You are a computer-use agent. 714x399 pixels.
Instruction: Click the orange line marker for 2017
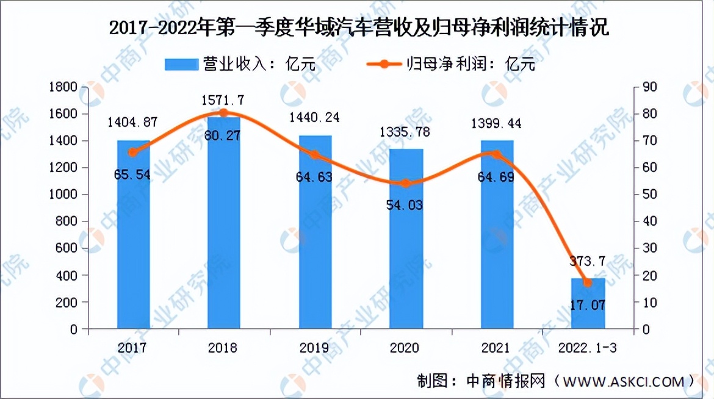tap(133, 153)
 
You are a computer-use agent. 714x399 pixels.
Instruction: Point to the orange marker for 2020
tap(406, 183)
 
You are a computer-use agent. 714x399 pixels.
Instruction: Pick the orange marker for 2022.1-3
tap(588, 282)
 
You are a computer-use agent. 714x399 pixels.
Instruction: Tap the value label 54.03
tap(406, 205)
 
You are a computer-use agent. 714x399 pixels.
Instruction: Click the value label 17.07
tap(588, 304)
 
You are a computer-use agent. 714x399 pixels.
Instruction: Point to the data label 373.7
tap(588, 262)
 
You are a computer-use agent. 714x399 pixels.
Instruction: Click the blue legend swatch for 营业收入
tap(181, 63)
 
